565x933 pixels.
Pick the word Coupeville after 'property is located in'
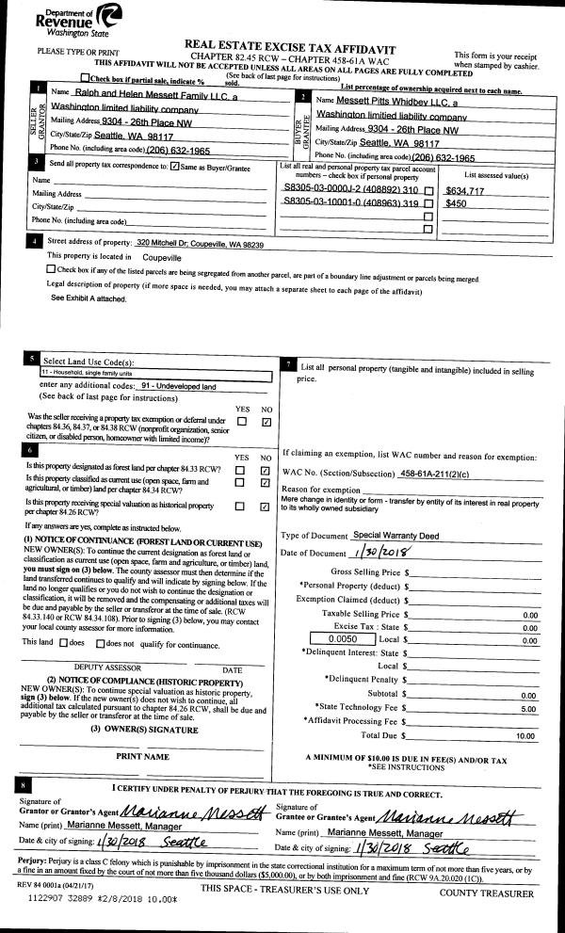coord(162,256)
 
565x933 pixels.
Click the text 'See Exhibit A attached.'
coord(87,298)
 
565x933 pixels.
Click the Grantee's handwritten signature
coord(456,811)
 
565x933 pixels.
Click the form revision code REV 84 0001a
coord(40,888)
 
